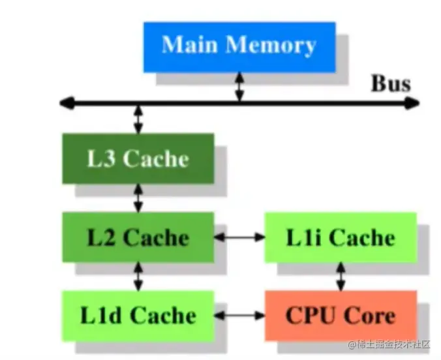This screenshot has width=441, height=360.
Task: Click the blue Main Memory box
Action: pos(239,46)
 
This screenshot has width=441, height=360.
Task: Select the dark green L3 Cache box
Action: pos(138,158)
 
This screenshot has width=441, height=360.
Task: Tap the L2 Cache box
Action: pos(138,237)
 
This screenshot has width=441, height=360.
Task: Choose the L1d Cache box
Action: pos(138,316)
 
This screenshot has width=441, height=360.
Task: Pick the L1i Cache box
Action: pos(341,237)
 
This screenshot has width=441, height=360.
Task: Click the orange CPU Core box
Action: pos(341,316)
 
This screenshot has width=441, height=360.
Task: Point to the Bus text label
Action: pos(391,83)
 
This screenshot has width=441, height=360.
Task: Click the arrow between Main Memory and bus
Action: pos(239,87)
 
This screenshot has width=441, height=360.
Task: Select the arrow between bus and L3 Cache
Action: pos(138,119)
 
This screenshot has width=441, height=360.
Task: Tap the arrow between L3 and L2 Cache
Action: pos(138,198)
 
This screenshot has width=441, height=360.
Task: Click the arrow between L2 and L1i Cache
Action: pos(239,237)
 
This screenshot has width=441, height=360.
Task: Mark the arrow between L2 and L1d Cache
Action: pos(138,277)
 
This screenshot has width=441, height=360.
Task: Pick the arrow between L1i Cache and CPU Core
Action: pos(341,277)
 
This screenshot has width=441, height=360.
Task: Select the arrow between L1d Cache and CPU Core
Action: pos(239,316)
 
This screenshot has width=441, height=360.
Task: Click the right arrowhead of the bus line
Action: pos(412,102)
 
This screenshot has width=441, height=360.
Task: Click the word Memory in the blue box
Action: pos(271,46)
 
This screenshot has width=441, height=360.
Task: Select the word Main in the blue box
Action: pos(190,46)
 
